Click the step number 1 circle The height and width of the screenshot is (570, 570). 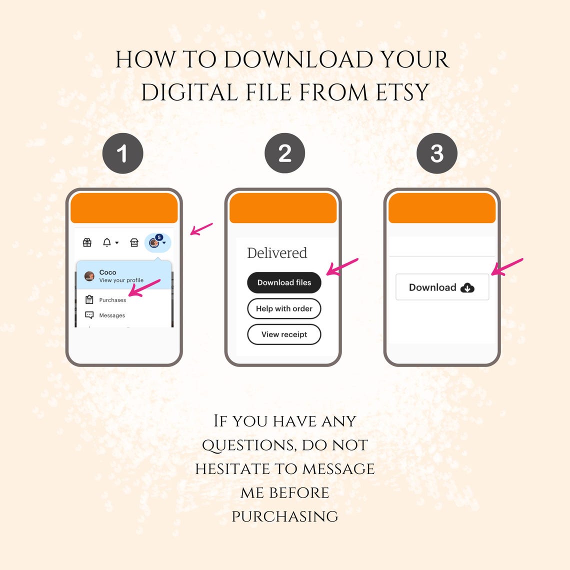(123, 153)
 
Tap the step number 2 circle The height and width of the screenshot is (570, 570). (284, 153)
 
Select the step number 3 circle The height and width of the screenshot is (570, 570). (436, 153)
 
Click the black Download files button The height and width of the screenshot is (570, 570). (284, 282)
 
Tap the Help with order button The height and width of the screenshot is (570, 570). (284, 308)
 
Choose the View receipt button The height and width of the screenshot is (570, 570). (284, 334)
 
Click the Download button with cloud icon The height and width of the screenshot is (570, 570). (442, 287)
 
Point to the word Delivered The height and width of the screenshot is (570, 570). (277, 253)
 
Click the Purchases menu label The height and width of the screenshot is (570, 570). (112, 300)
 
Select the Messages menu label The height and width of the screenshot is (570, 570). (112, 315)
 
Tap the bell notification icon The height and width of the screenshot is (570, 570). (107, 242)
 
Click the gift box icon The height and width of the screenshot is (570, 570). (87, 242)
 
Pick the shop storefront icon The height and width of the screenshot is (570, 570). (134, 242)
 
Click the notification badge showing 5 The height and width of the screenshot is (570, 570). (159, 237)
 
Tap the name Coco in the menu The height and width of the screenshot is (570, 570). (107, 272)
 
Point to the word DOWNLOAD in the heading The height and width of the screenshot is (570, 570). (298, 59)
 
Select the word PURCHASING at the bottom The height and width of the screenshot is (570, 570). (285, 516)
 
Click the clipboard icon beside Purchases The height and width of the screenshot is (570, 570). (89, 299)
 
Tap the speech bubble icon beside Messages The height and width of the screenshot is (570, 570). (89, 315)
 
